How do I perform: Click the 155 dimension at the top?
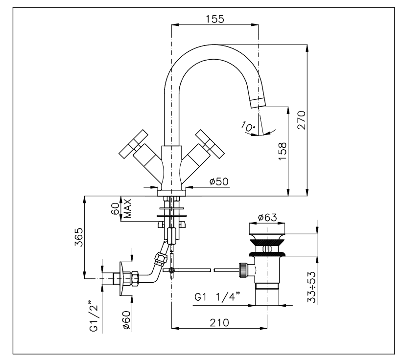214,20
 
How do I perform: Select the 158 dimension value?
284,153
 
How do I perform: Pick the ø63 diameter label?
267,218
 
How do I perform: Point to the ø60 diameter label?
126,319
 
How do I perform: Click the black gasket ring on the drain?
267,253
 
